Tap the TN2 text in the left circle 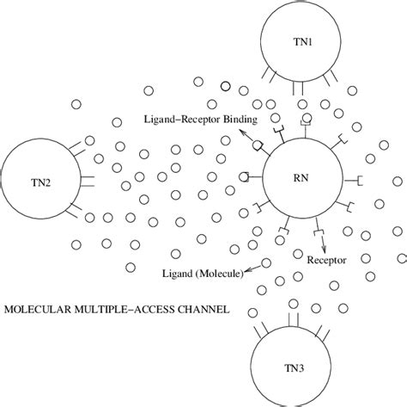tap(38, 182)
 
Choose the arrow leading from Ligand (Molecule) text tap(255, 268)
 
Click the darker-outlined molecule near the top tap(225, 86)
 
